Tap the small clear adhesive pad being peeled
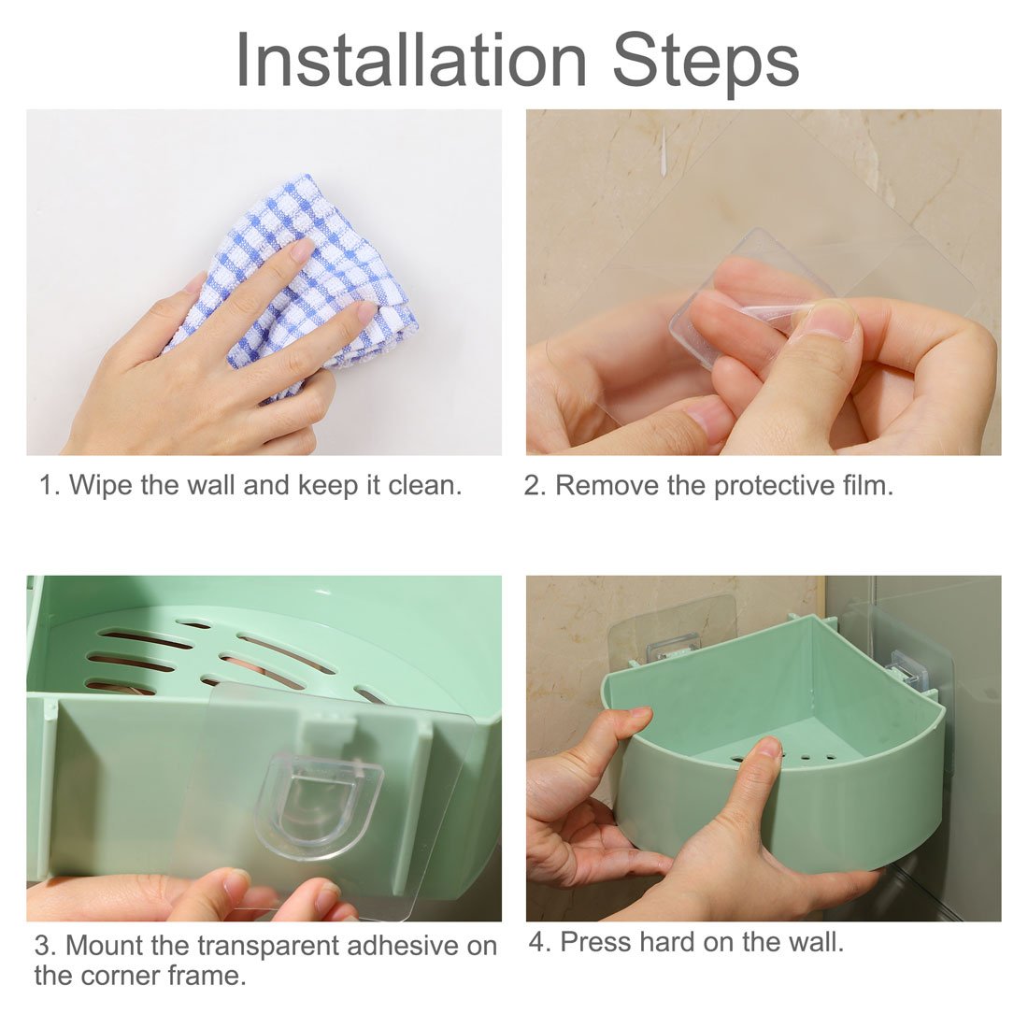pyautogui.click(x=748, y=290)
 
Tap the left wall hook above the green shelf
pyautogui.click(x=673, y=644)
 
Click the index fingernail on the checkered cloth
pyautogui.click(x=301, y=249)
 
